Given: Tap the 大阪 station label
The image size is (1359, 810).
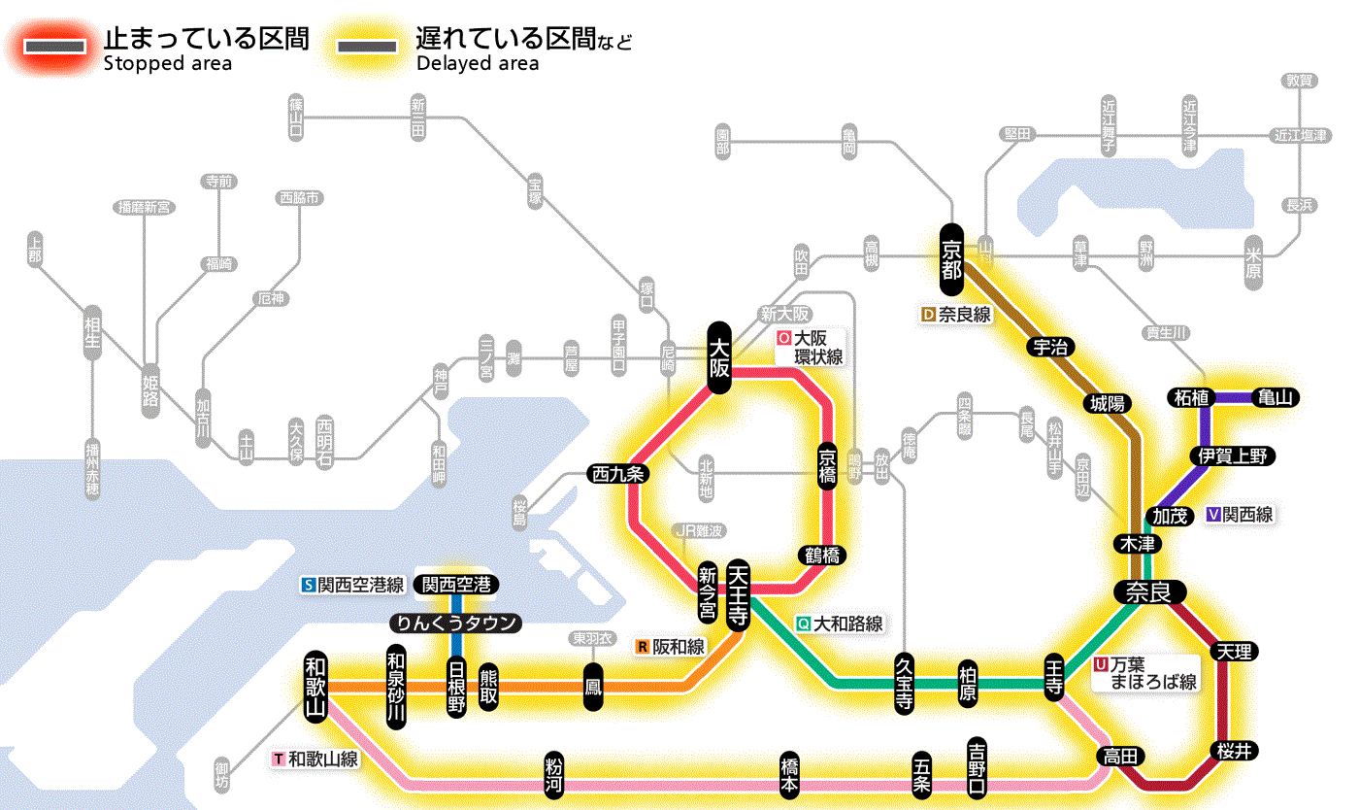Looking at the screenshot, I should pyautogui.click(x=718, y=357).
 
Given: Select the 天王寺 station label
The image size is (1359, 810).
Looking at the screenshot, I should pyautogui.click(x=737, y=594).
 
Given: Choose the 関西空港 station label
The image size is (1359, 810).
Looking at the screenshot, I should pyautogui.click(x=455, y=585).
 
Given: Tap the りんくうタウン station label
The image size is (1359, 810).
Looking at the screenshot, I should pyautogui.click(x=455, y=623).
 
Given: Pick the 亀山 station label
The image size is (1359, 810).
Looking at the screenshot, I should pyautogui.click(x=1276, y=397).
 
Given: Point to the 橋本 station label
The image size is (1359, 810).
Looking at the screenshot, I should pyautogui.click(x=790, y=774).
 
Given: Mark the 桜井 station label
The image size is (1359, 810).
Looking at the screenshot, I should pyautogui.click(x=1235, y=749).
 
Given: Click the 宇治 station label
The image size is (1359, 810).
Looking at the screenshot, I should pyautogui.click(x=1050, y=347).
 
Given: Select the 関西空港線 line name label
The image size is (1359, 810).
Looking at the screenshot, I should pyautogui.click(x=353, y=585).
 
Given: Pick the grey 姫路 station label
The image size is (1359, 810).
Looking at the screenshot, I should pyautogui.click(x=150, y=389).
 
